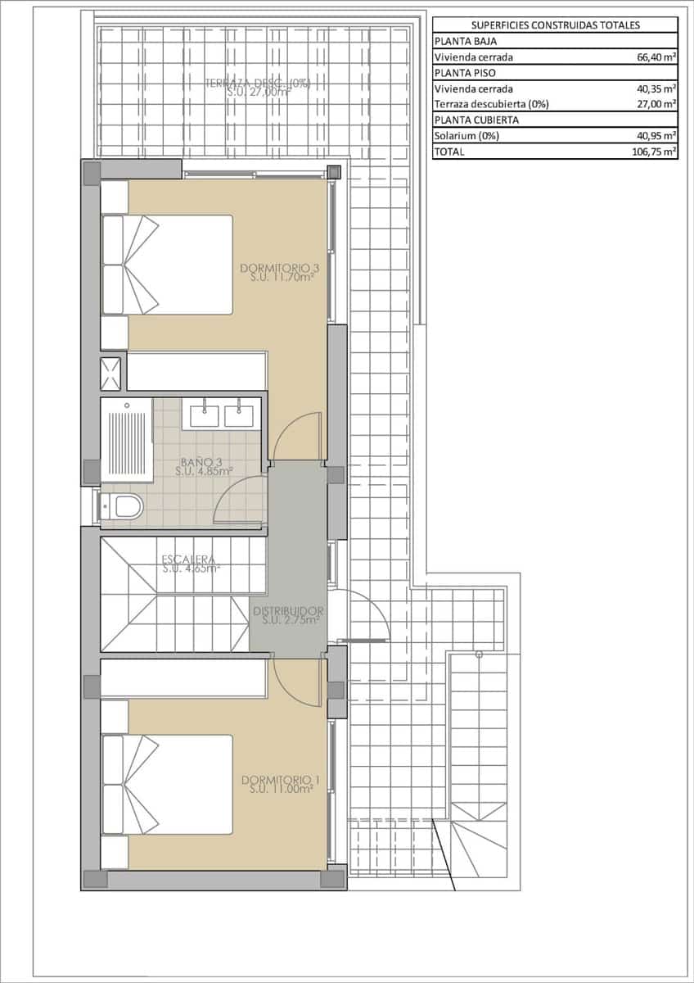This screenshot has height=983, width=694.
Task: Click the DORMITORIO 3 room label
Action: click(x=278, y=273)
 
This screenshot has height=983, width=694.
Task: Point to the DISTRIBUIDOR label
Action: click(x=288, y=615)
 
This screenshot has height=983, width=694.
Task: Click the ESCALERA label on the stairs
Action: click(x=190, y=564)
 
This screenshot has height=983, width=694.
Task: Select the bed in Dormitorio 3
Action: click(x=168, y=265)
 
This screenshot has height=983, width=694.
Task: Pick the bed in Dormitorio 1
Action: click(x=168, y=784)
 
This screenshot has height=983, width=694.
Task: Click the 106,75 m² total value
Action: click(x=652, y=152)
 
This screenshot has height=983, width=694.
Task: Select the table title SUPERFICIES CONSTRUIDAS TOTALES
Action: click(x=555, y=25)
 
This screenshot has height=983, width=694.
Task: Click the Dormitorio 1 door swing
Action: click(x=296, y=680)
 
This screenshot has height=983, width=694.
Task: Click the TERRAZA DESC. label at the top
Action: click(x=257, y=88)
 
